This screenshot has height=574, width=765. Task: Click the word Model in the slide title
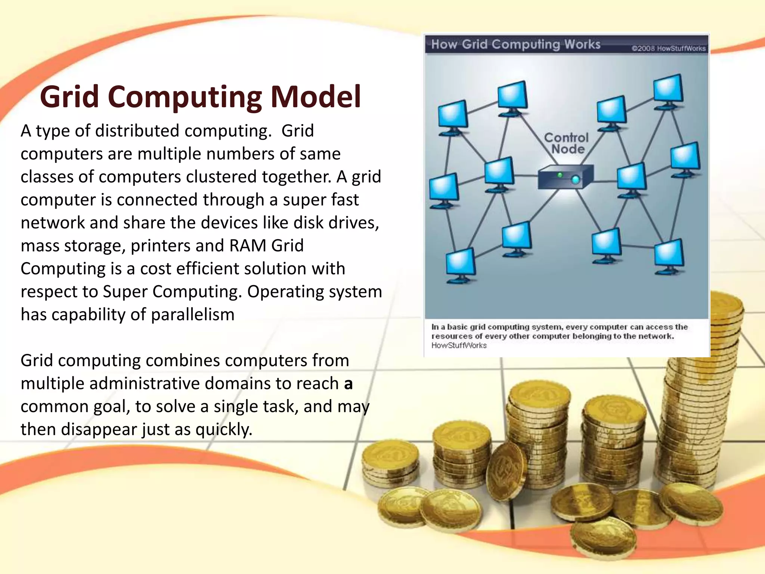tap(316, 97)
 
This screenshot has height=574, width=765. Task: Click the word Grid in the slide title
tap(69, 97)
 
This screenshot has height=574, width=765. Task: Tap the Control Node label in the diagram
tap(567, 143)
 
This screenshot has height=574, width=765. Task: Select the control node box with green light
tap(565, 178)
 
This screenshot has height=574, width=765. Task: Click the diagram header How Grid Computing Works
tap(515, 44)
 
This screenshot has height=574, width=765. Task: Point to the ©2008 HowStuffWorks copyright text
tap(668, 49)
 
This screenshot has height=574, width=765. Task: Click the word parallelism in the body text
tap(193, 315)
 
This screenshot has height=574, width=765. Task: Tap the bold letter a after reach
tap(348, 384)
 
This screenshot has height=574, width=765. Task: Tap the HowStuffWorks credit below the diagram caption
tap(459, 346)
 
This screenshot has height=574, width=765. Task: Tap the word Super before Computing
tap(126, 292)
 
